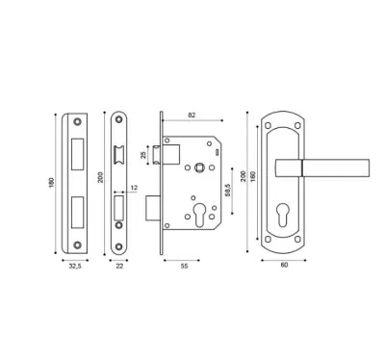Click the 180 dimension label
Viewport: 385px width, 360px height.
(x=52, y=183)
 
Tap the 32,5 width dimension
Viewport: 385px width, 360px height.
(x=75, y=266)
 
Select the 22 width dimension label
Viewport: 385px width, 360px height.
(x=119, y=266)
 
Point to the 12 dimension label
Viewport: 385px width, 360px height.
(x=134, y=188)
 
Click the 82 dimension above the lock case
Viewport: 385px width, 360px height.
(x=192, y=116)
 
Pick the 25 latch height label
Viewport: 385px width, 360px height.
(x=143, y=155)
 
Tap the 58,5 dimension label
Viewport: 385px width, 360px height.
(x=228, y=190)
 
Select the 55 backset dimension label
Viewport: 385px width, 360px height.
(x=184, y=266)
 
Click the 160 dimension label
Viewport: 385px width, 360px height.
(x=252, y=176)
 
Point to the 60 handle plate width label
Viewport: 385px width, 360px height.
(x=284, y=265)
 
